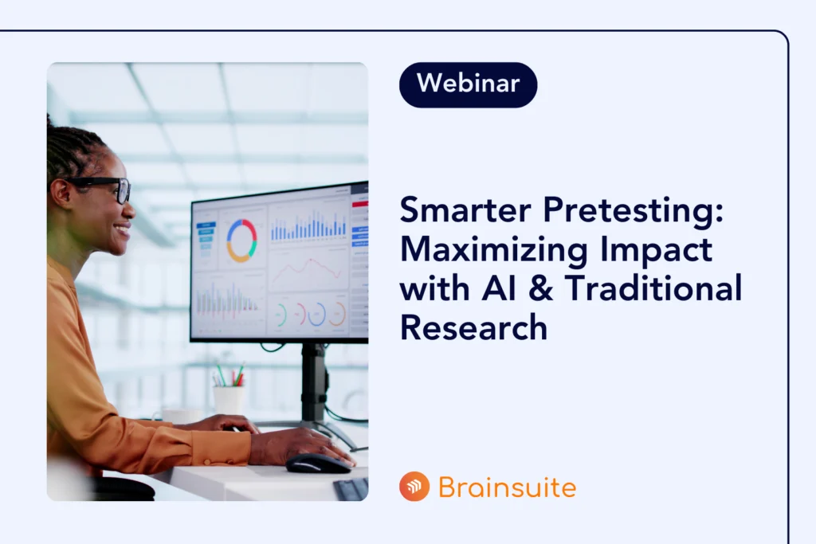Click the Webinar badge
click(x=468, y=84)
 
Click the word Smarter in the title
click(x=465, y=210)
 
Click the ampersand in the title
click(x=541, y=288)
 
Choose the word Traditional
click(x=653, y=288)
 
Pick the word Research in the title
click(x=473, y=327)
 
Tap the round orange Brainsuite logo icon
click(x=414, y=487)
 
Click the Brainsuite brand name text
click(x=507, y=487)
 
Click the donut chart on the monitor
click(x=241, y=241)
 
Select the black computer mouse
click(x=318, y=464)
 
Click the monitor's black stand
click(x=314, y=385)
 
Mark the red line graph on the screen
click(x=308, y=268)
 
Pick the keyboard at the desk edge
click(x=351, y=489)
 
